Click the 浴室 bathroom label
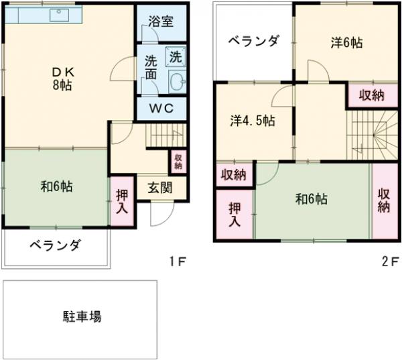coord(161,21)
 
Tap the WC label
coord(161,107)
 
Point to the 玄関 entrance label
coord(159,186)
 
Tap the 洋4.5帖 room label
coord(253,121)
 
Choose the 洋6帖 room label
coord(346,43)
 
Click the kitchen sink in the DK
coord(59,13)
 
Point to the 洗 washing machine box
coord(176,58)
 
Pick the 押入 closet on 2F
coord(234,215)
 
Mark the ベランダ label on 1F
coord(54,245)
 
